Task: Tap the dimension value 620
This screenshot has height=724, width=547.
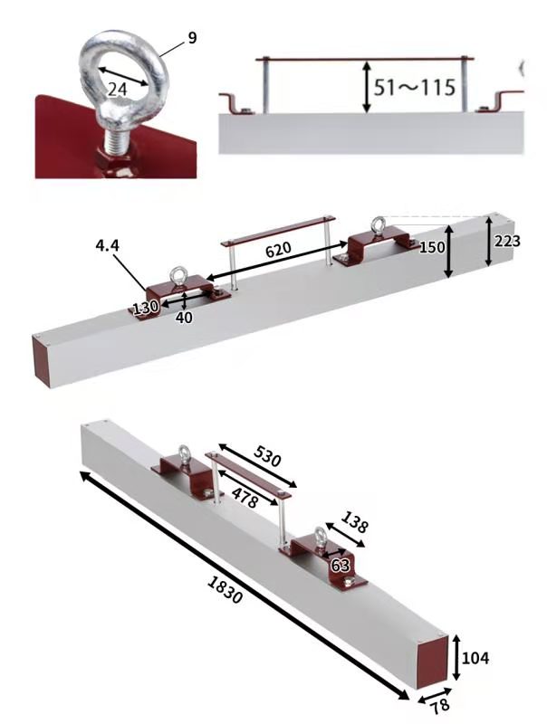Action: (x=278, y=250)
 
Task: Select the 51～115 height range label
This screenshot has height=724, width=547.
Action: (x=415, y=87)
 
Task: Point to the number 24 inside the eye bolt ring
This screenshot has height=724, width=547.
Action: (x=118, y=89)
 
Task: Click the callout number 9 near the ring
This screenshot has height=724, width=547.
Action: (x=192, y=38)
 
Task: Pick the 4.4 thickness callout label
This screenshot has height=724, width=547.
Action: (x=108, y=245)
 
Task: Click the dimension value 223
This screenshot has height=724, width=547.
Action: (x=507, y=241)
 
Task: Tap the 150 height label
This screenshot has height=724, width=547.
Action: (x=432, y=247)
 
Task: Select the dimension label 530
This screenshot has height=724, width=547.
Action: (x=267, y=456)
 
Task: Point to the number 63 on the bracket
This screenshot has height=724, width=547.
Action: (x=341, y=565)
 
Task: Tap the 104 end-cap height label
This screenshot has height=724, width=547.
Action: (x=475, y=658)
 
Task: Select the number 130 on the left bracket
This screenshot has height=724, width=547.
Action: (x=146, y=307)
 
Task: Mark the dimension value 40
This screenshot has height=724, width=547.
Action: (x=184, y=318)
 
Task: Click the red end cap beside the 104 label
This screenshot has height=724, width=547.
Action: (x=432, y=662)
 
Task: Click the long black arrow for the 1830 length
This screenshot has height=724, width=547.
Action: (x=245, y=586)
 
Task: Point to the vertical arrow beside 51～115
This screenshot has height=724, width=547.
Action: (x=367, y=87)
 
